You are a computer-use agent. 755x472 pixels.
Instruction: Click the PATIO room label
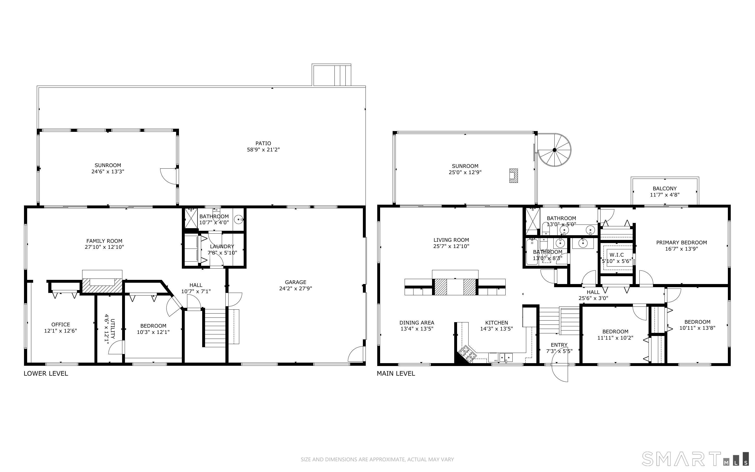click(x=263, y=143)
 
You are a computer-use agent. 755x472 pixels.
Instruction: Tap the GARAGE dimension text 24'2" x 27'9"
click(x=295, y=288)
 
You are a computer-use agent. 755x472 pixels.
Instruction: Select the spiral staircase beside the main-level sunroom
click(x=554, y=150)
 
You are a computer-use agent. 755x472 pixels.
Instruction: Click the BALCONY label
click(x=664, y=188)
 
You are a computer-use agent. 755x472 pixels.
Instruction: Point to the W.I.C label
click(x=616, y=255)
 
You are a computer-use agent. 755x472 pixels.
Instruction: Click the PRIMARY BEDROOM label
click(x=681, y=243)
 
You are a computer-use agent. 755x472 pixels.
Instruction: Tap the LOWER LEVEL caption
click(x=46, y=373)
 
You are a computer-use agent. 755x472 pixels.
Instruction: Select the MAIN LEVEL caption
click(x=396, y=373)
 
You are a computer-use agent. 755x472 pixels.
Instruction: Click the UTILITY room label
click(x=113, y=329)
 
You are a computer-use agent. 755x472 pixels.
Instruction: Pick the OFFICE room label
click(x=61, y=325)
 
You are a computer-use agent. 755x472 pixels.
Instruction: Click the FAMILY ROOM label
click(x=104, y=241)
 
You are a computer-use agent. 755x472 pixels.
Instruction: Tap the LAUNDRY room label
click(x=222, y=247)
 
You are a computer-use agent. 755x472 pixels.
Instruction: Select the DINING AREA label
click(x=417, y=323)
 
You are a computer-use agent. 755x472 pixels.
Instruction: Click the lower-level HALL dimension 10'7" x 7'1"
click(x=196, y=292)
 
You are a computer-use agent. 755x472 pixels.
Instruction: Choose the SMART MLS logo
click(x=695, y=459)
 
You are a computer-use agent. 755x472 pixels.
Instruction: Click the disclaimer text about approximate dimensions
click(x=377, y=459)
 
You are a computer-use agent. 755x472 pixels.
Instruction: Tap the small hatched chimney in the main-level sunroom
click(x=513, y=175)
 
